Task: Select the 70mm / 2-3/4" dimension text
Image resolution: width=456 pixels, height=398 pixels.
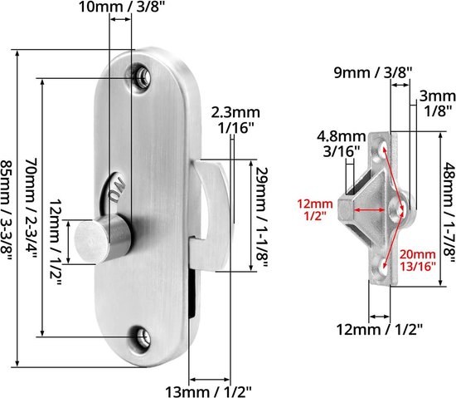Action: coord(32,208)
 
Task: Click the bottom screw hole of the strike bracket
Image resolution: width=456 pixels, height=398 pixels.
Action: coord(384,266)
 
